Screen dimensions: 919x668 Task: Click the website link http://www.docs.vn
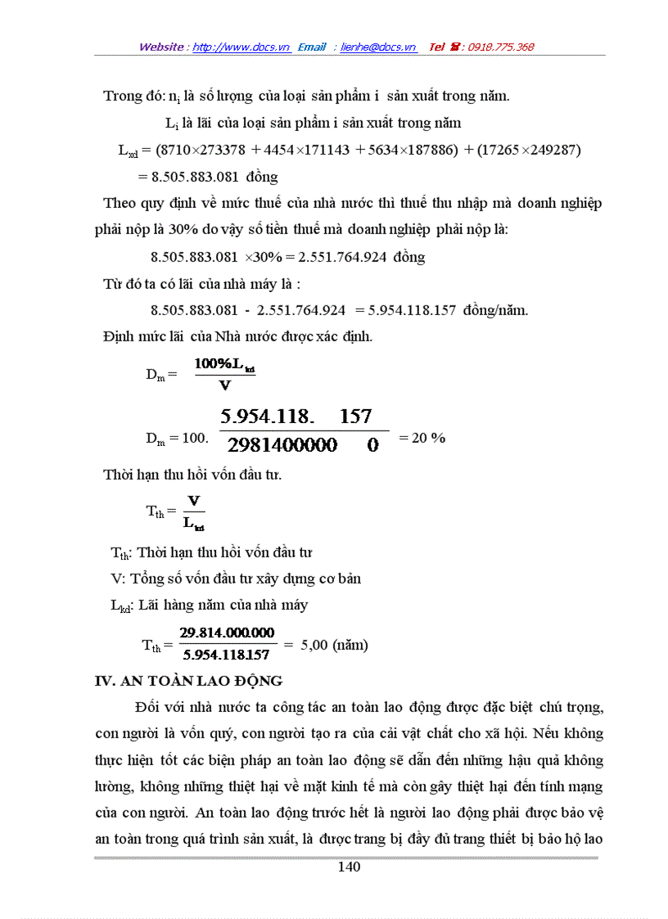(241, 47)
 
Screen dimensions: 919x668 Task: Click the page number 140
(349, 867)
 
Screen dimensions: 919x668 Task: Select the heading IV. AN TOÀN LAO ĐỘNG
(189, 681)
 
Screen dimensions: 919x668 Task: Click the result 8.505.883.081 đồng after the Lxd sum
(208, 177)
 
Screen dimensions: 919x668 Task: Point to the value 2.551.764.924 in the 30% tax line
(344, 257)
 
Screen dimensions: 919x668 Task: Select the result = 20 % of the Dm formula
(422, 438)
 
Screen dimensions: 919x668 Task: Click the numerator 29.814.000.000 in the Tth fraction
(228, 633)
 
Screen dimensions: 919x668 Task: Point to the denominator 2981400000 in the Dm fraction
(282, 446)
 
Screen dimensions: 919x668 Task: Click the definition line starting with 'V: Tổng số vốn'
(236, 579)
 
